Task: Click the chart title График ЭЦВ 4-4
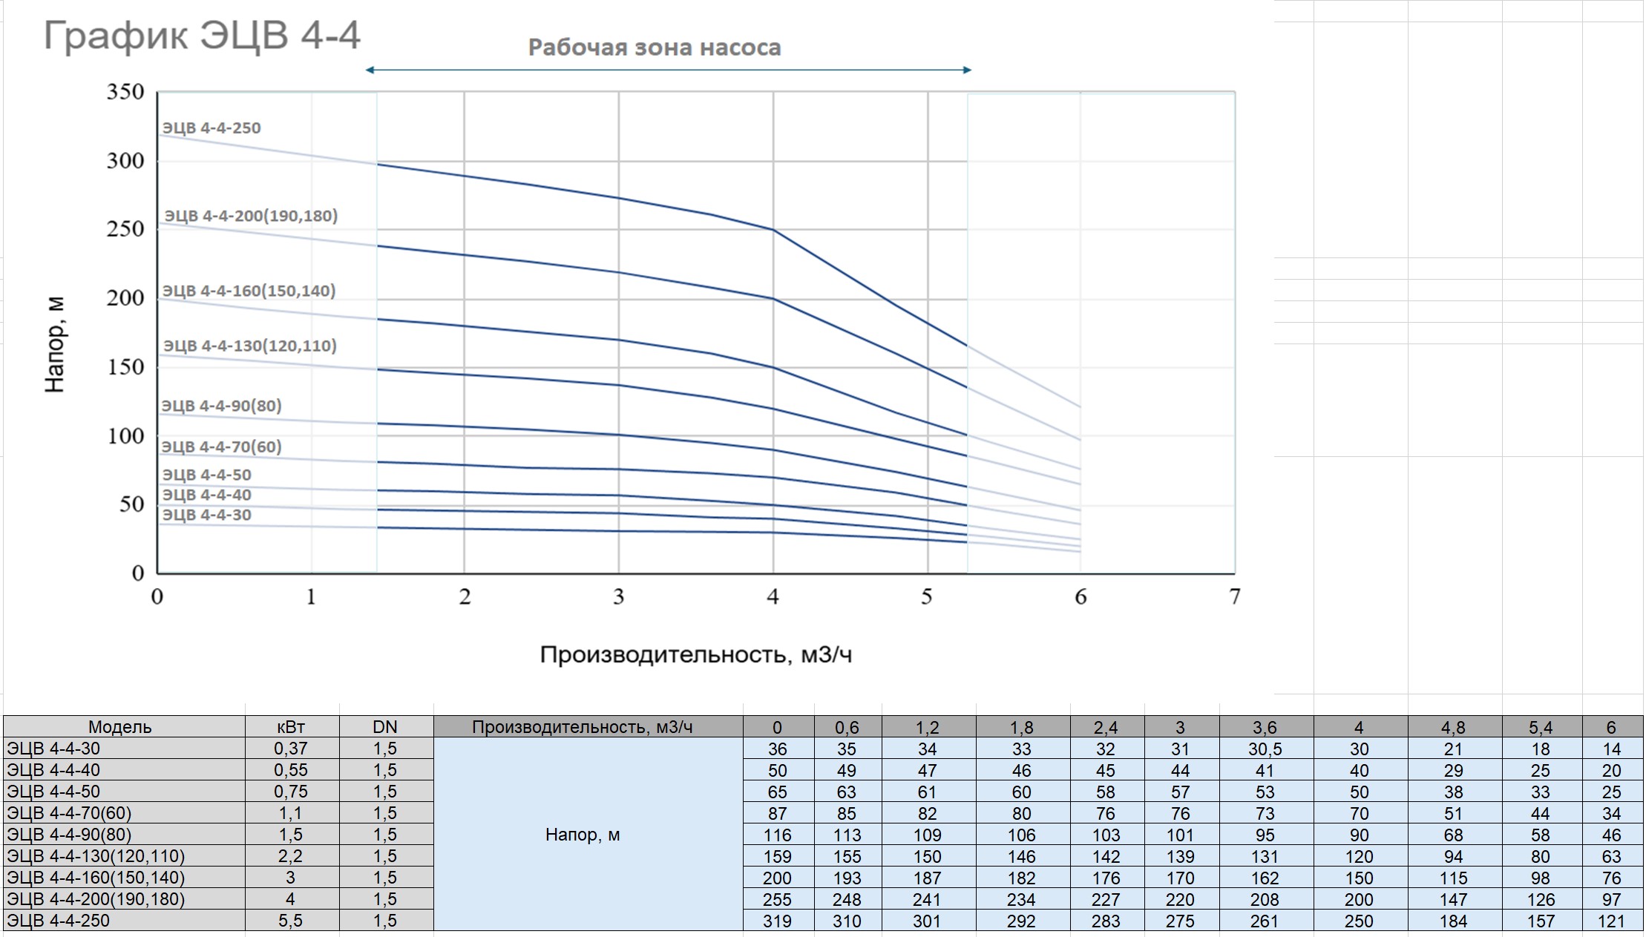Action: [202, 36]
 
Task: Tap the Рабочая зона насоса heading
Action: [654, 47]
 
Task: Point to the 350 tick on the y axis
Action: [125, 92]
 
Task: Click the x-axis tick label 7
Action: [1234, 596]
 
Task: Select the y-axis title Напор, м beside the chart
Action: [56, 344]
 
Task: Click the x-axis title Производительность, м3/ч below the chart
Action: [695, 654]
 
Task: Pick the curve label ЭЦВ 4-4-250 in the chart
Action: [212, 128]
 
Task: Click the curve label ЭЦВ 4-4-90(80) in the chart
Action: [221, 406]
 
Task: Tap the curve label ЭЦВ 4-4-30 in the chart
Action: [206, 515]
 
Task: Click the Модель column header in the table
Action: [119, 727]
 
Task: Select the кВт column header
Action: [290, 727]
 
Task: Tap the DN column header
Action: [384, 727]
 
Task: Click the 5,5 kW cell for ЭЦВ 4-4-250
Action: [290, 921]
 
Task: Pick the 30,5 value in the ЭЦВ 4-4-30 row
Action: [1265, 749]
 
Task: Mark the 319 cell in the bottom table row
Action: [777, 921]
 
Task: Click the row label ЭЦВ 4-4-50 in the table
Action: [53, 792]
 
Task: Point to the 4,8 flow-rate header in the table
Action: [1452, 727]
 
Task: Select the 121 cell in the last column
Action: [1610, 921]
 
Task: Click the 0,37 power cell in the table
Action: [290, 749]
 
